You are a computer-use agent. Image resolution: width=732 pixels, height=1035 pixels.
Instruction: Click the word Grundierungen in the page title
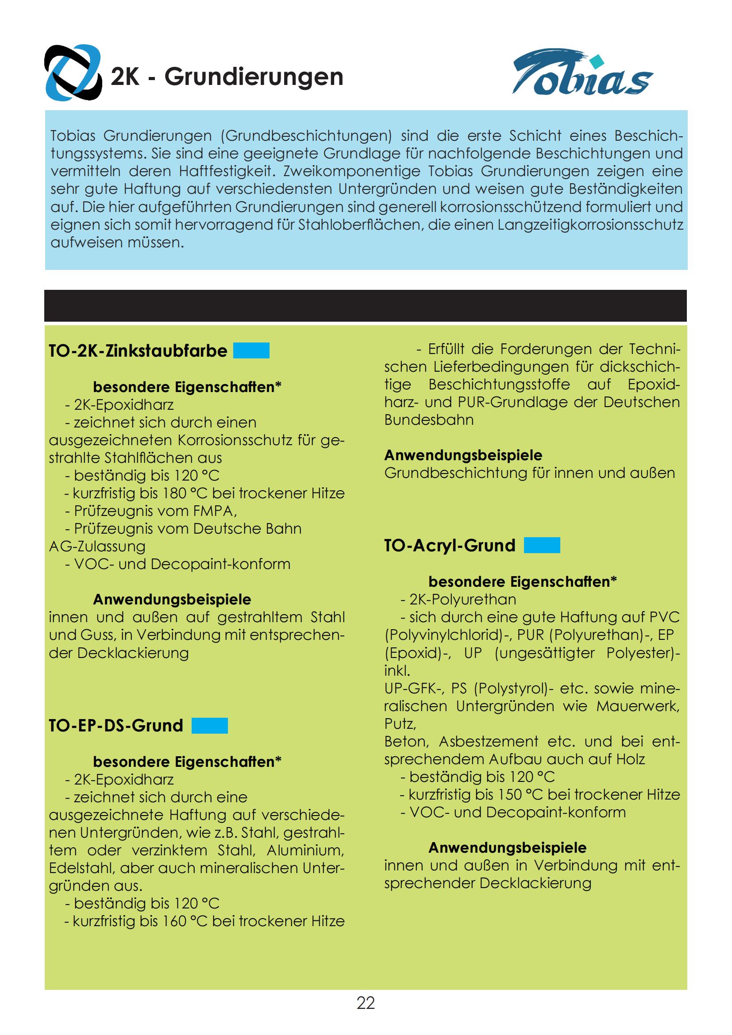[253, 77]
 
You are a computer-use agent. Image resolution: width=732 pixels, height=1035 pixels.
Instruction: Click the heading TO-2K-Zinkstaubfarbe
[138, 351]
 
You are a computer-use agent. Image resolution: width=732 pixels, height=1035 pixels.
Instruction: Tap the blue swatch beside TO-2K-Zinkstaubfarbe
[251, 351]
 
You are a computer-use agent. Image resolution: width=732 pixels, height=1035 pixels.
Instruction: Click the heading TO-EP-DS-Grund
[116, 726]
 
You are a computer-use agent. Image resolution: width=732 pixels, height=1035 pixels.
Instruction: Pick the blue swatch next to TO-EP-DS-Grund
[210, 726]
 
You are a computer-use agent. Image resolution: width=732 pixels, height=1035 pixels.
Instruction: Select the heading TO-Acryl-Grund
[450, 546]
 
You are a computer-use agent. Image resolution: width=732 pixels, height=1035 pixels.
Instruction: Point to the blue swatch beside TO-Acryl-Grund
[542, 546]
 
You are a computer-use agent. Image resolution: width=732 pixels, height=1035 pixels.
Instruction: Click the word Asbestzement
[488, 742]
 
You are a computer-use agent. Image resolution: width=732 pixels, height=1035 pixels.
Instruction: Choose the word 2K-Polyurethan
[463, 600]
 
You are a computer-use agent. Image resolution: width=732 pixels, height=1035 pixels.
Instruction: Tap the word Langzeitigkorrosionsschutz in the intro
[590, 225]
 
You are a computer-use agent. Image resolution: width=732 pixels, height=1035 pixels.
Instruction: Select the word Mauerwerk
[638, 706]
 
